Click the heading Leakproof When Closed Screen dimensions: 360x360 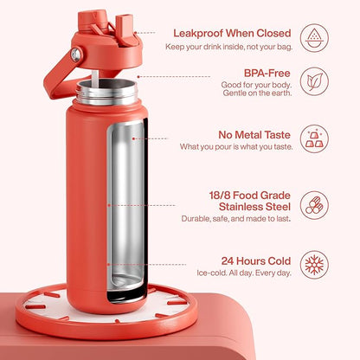[x=232, y=33]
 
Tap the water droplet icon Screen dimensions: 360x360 [x=314, y=38]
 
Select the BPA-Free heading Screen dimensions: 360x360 [x=267, y=73]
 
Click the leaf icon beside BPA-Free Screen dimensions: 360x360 [x=314, y=81]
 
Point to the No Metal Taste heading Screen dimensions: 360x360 [x=254, y=135]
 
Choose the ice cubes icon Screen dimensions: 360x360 [x=314, y=138]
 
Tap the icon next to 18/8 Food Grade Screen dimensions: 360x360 [x=314, y=205]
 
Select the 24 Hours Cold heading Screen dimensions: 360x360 [x=256, y=260]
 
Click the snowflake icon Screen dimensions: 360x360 [x=314, y=265]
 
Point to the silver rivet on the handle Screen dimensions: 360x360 [x=76, y=55]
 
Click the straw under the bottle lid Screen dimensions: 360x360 [x=95, y=78]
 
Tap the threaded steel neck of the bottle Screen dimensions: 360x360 [x=106, y=92]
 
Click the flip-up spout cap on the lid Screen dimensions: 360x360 [x=125, y=29]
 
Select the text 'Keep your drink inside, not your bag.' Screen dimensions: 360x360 [x=229, y=47]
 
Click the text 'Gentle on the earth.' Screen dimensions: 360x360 [x=257, y=93]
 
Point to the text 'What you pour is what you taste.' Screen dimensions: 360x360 [x=236, y=146]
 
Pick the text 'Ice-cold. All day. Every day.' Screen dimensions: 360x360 [x=244, y=273]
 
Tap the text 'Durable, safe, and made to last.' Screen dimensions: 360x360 [x=236, y=219]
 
